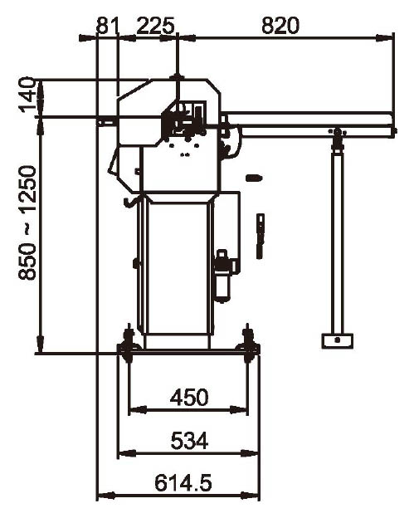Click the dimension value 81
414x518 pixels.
[x=107, y=26]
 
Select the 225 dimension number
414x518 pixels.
[x=155, y=26]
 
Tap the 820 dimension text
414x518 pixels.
[x=280, y=26]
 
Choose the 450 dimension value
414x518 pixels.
[x=189, y=397]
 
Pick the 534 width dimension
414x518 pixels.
[x=189, y=440]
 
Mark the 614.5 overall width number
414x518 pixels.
[x=183, y=483]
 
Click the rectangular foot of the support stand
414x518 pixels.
[x=337, y=341]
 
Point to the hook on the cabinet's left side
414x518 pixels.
[x=129, y=203]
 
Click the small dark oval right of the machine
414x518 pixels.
[x=254, y=178]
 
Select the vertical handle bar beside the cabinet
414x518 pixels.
[x=261, y=236]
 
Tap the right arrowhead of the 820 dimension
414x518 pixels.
[x=385, y=38]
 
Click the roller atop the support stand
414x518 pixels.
[x=337, y=132]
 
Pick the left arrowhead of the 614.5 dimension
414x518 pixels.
[x=106, y=496]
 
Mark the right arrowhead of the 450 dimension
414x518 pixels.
[x=238, y=410]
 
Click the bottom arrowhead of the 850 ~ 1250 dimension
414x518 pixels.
[x=41, y=345]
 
